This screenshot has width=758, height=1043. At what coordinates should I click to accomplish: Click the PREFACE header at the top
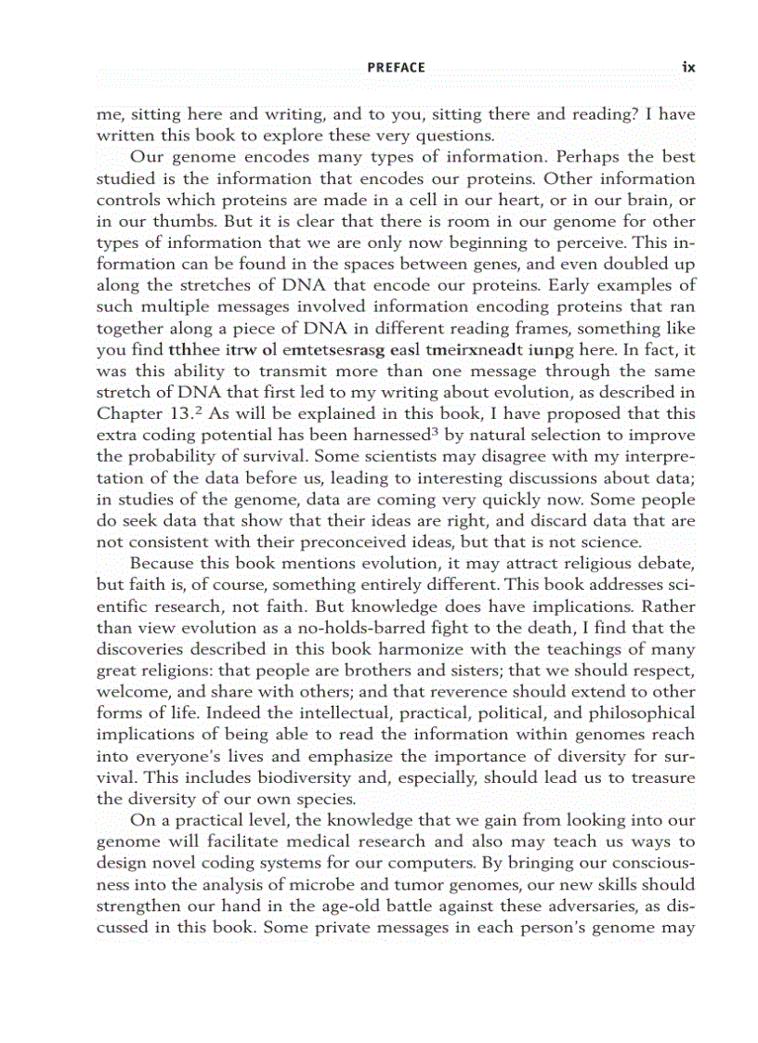[x=396, y=67]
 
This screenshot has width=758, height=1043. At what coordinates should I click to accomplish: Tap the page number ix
[x=688, y=67]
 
